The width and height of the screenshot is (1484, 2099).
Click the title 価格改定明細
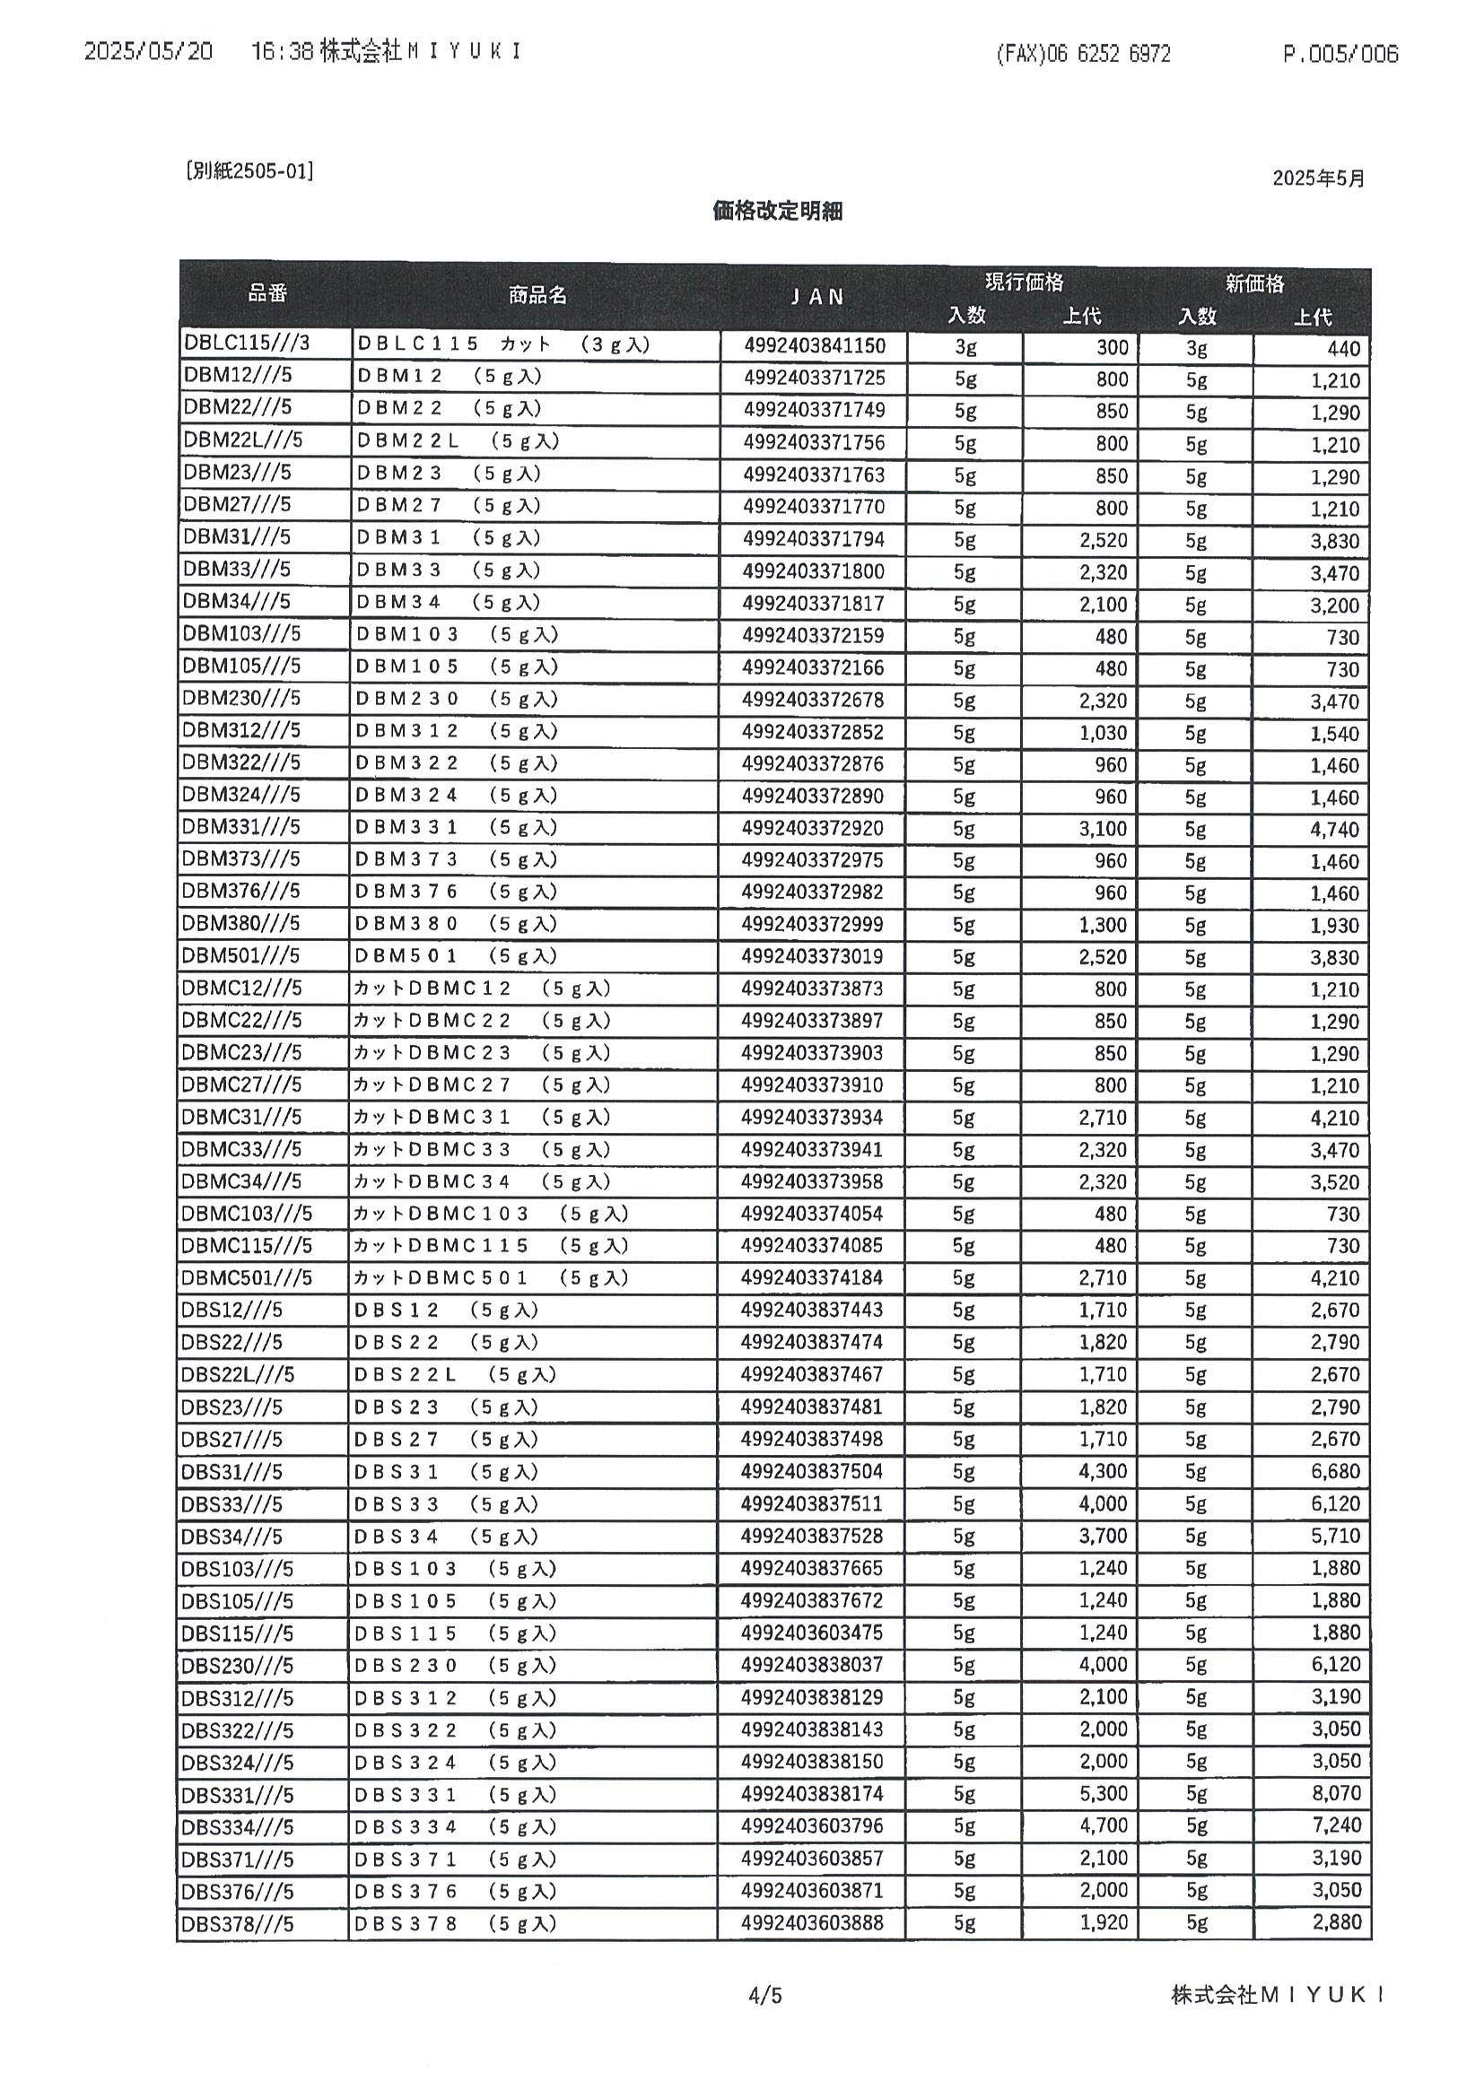(x=776, y=211)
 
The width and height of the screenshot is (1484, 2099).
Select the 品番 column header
(x=267, y=292)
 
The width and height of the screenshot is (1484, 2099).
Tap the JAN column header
(x=816, y=296)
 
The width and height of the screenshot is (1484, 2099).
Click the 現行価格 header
(x=1024, y=283)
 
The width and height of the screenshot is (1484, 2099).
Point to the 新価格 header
(x=1254, y=283)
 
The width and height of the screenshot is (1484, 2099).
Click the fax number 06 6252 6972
(x=1084, y=54)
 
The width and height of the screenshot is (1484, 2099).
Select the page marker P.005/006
(x=1340, y=54)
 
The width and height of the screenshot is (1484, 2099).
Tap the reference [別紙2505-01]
(x=249, y=171)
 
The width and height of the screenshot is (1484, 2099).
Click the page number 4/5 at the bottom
(x=764, y=1995)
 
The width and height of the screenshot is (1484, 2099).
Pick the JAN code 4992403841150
(x=815, y=345)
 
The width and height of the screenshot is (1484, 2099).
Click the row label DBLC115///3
(x=247, y=343)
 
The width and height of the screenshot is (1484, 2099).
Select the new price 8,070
(x=1336, y=1793)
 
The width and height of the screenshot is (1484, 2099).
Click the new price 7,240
(x=1336, y=1825)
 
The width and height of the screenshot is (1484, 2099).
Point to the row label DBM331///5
(x=240, y=826)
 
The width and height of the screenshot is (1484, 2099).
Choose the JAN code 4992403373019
(x=812, y=956)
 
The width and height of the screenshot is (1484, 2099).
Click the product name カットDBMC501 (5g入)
(x=491, y=1277)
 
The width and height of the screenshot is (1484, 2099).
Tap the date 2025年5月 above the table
(x=1318, y=179)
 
